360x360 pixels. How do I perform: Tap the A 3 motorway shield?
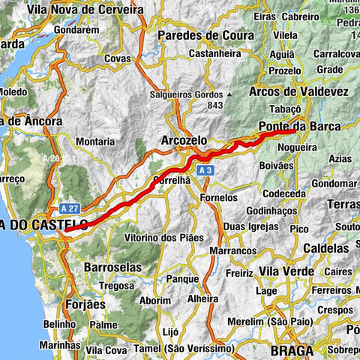[205, 172]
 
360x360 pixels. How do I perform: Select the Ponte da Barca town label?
[298, 126]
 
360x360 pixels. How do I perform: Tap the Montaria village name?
[95, 141]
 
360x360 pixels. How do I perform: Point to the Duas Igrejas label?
[250, 225]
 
